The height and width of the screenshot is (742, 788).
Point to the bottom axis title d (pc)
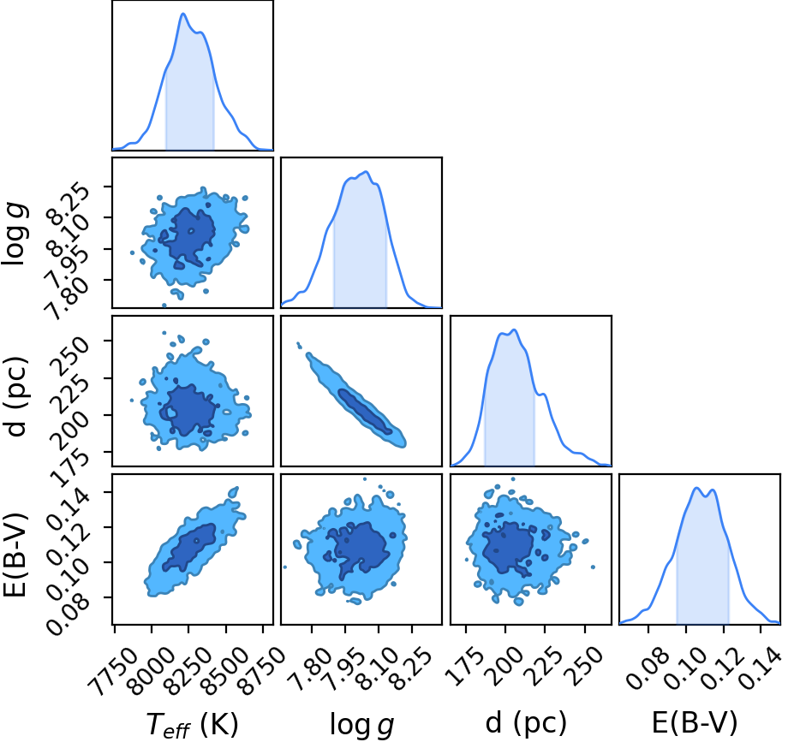coord(526,723)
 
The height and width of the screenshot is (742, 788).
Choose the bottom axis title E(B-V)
coord(695,723)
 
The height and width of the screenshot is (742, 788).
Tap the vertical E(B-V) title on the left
coord(14,555)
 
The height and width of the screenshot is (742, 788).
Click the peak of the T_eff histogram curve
coord(183,14)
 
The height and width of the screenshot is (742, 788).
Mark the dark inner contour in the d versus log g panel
coord(365,412)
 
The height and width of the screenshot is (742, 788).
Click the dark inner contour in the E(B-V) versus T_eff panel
coord(189,547)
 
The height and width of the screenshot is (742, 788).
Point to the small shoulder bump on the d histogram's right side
coord(543,395)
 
